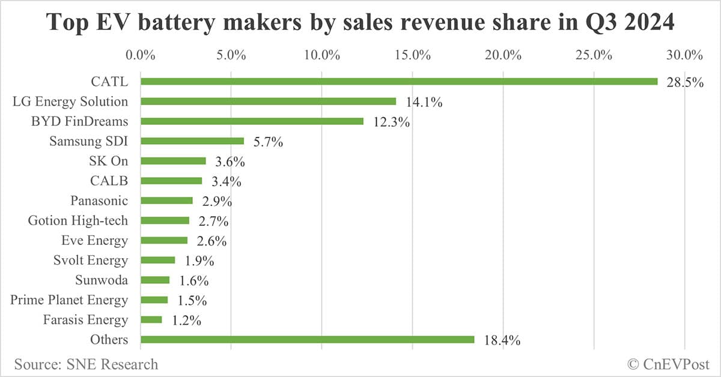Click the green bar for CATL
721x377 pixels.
(399, 81)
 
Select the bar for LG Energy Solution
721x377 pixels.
(268, 101)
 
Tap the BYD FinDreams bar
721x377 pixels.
(252, 121)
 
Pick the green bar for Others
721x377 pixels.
(307, 340)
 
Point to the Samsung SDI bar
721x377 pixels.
(192, 141)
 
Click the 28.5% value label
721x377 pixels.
(684, 82)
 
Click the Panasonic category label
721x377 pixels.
(99, 201)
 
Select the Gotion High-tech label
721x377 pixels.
(78, 221)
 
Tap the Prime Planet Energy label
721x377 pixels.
(69, 300)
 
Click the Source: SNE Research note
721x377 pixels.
(86, 364)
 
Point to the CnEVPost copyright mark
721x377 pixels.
(668, 364)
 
